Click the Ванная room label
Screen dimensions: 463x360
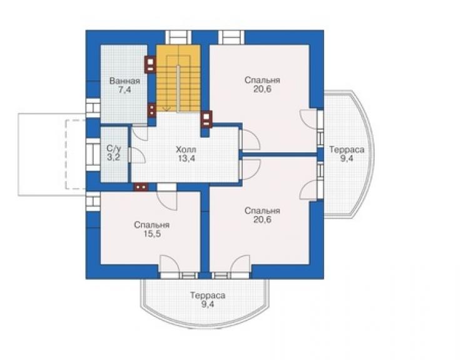tap(125, 81)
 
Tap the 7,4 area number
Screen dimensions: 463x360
tap(125, 90)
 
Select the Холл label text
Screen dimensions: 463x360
tap(186, 149)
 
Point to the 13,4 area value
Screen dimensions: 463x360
tap(186, 158)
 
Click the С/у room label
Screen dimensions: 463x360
tap(114, 148)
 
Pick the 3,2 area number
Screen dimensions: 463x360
tap(114, 157)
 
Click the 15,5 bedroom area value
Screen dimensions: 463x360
tap(152, 234)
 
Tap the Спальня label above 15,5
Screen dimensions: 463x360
tap(152, 225)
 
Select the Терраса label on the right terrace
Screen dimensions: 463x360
tap(347, 150)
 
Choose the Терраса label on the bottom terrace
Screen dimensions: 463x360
tap(208, 296)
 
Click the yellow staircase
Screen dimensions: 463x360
tap(178, 78)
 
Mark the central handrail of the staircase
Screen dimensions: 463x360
tap(178, 88)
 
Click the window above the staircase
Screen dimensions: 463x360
tap(178, 38)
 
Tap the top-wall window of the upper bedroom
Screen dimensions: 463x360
tap(232, 38)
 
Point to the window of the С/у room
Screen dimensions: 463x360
tap(93, 154)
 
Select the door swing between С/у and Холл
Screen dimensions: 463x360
tap(138, 155)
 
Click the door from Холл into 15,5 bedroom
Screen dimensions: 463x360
tap(167, 197)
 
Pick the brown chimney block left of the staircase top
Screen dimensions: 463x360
tap(150, 64)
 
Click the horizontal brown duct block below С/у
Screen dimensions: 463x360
tap(141, 187)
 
